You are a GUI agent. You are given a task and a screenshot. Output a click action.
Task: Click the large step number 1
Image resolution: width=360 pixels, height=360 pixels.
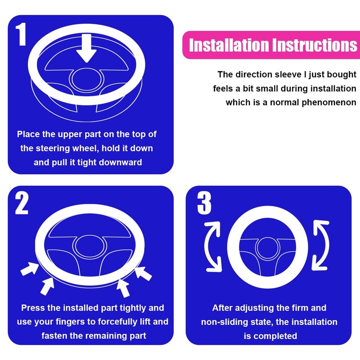21,34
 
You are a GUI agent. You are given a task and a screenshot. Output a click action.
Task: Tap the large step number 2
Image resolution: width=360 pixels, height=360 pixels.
22,203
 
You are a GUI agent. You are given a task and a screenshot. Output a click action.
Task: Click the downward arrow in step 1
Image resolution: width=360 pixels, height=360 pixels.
86,48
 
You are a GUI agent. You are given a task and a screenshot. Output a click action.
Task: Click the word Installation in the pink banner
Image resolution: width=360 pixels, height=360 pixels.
229,45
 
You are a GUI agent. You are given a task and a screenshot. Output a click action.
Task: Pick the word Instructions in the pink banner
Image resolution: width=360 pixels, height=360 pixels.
315,45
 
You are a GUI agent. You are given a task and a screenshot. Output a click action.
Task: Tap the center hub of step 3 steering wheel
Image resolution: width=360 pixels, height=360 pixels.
267,247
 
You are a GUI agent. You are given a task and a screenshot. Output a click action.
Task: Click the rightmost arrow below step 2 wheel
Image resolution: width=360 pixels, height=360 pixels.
143,273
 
